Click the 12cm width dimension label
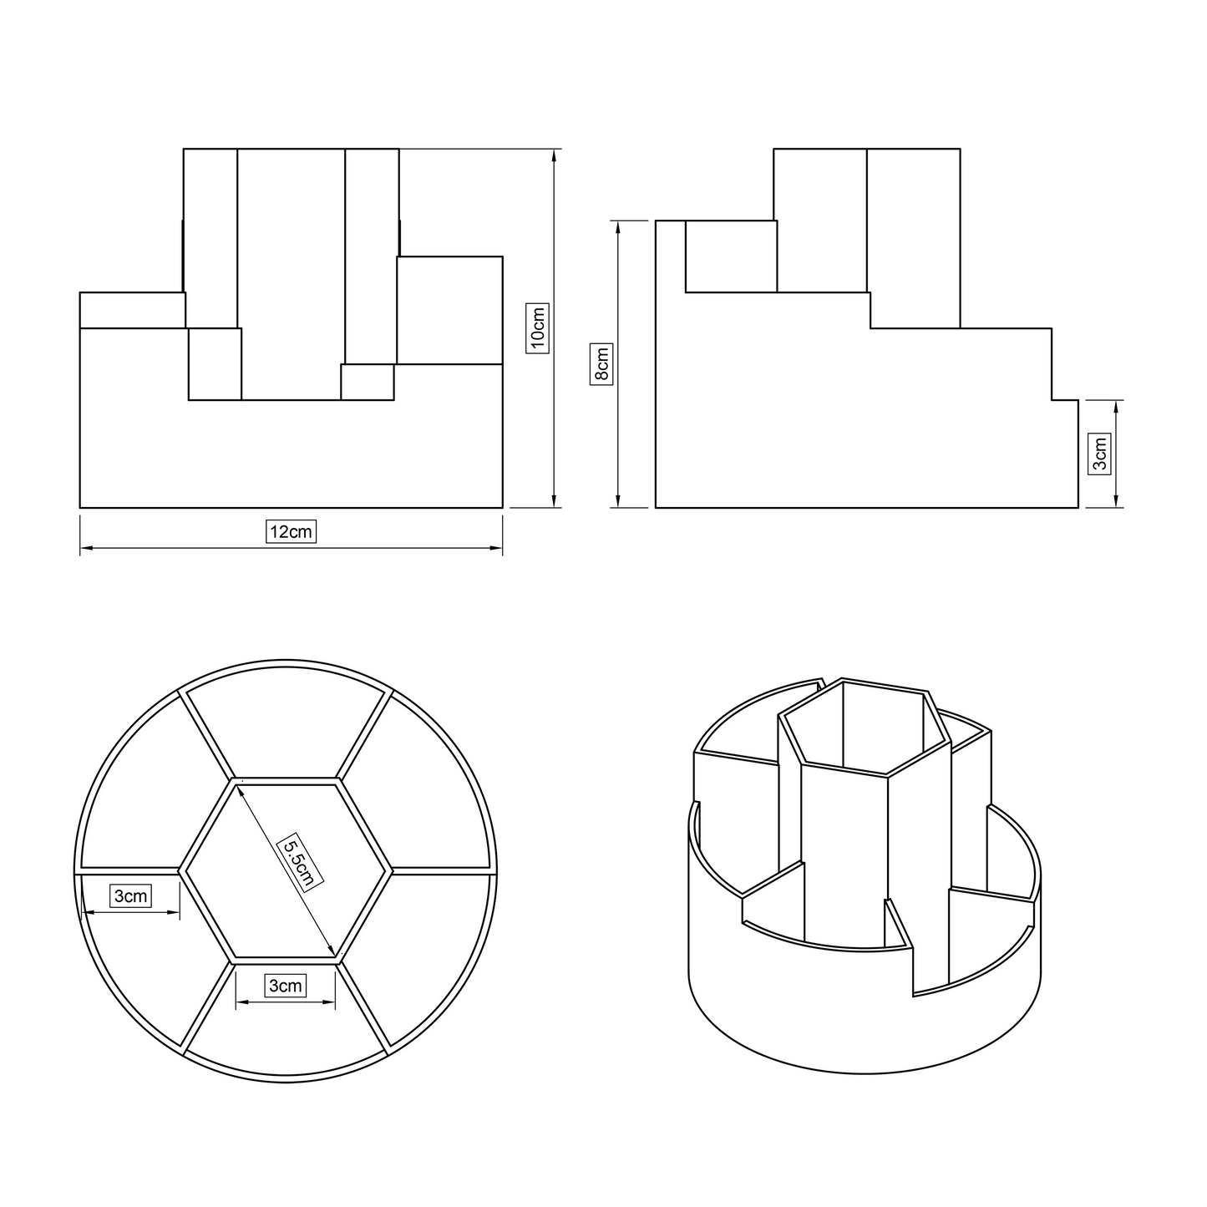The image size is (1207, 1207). point(291,532)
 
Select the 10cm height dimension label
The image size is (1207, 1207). point(537,328)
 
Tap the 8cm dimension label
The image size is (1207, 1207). point(601,364)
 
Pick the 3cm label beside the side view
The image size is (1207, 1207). point(1100,454)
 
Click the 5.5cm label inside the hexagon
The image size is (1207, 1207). point(299,860)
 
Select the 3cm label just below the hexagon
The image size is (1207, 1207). point(286,986)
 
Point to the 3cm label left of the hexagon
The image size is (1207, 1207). point(131,895)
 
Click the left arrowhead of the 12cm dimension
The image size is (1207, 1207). point(86,548)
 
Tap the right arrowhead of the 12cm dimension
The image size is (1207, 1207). point(496,548)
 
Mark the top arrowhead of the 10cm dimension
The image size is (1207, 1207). point(554,155)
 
